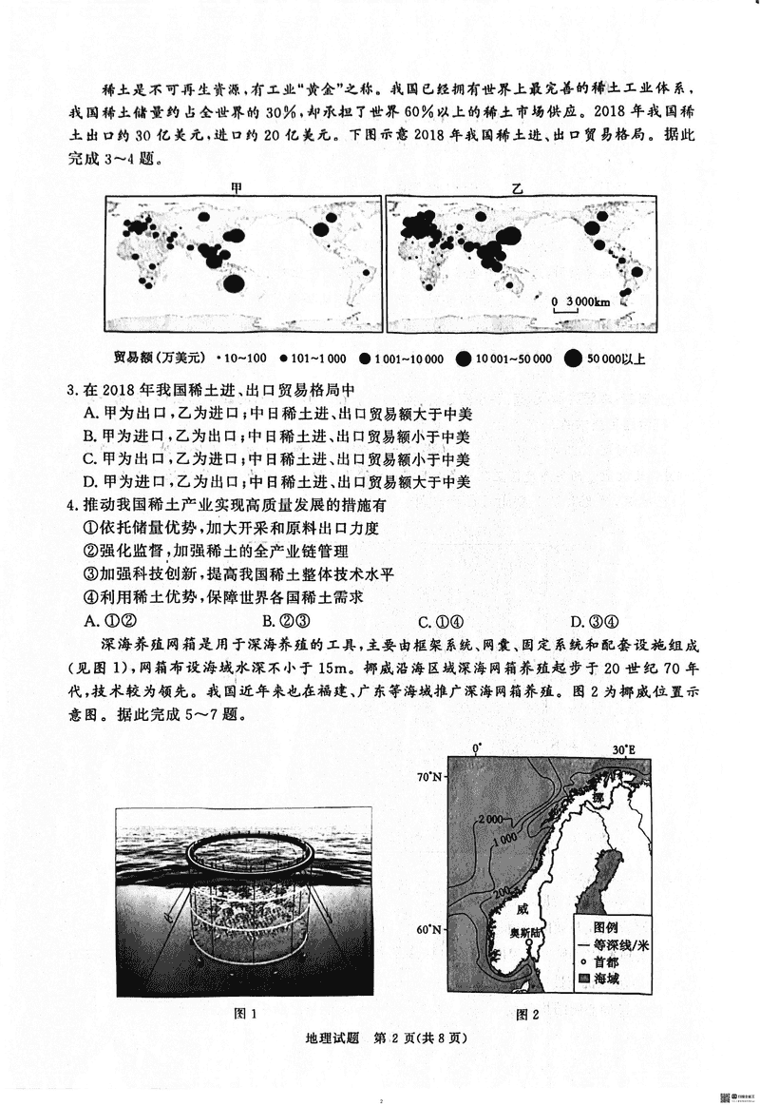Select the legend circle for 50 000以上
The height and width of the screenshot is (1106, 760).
point(573,359)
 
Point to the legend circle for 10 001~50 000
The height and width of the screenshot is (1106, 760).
point(464,359)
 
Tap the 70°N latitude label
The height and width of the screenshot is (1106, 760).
point(430,777)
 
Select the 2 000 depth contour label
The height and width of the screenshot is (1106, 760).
point(491,819)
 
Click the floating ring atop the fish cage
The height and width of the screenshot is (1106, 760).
point(247,850)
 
